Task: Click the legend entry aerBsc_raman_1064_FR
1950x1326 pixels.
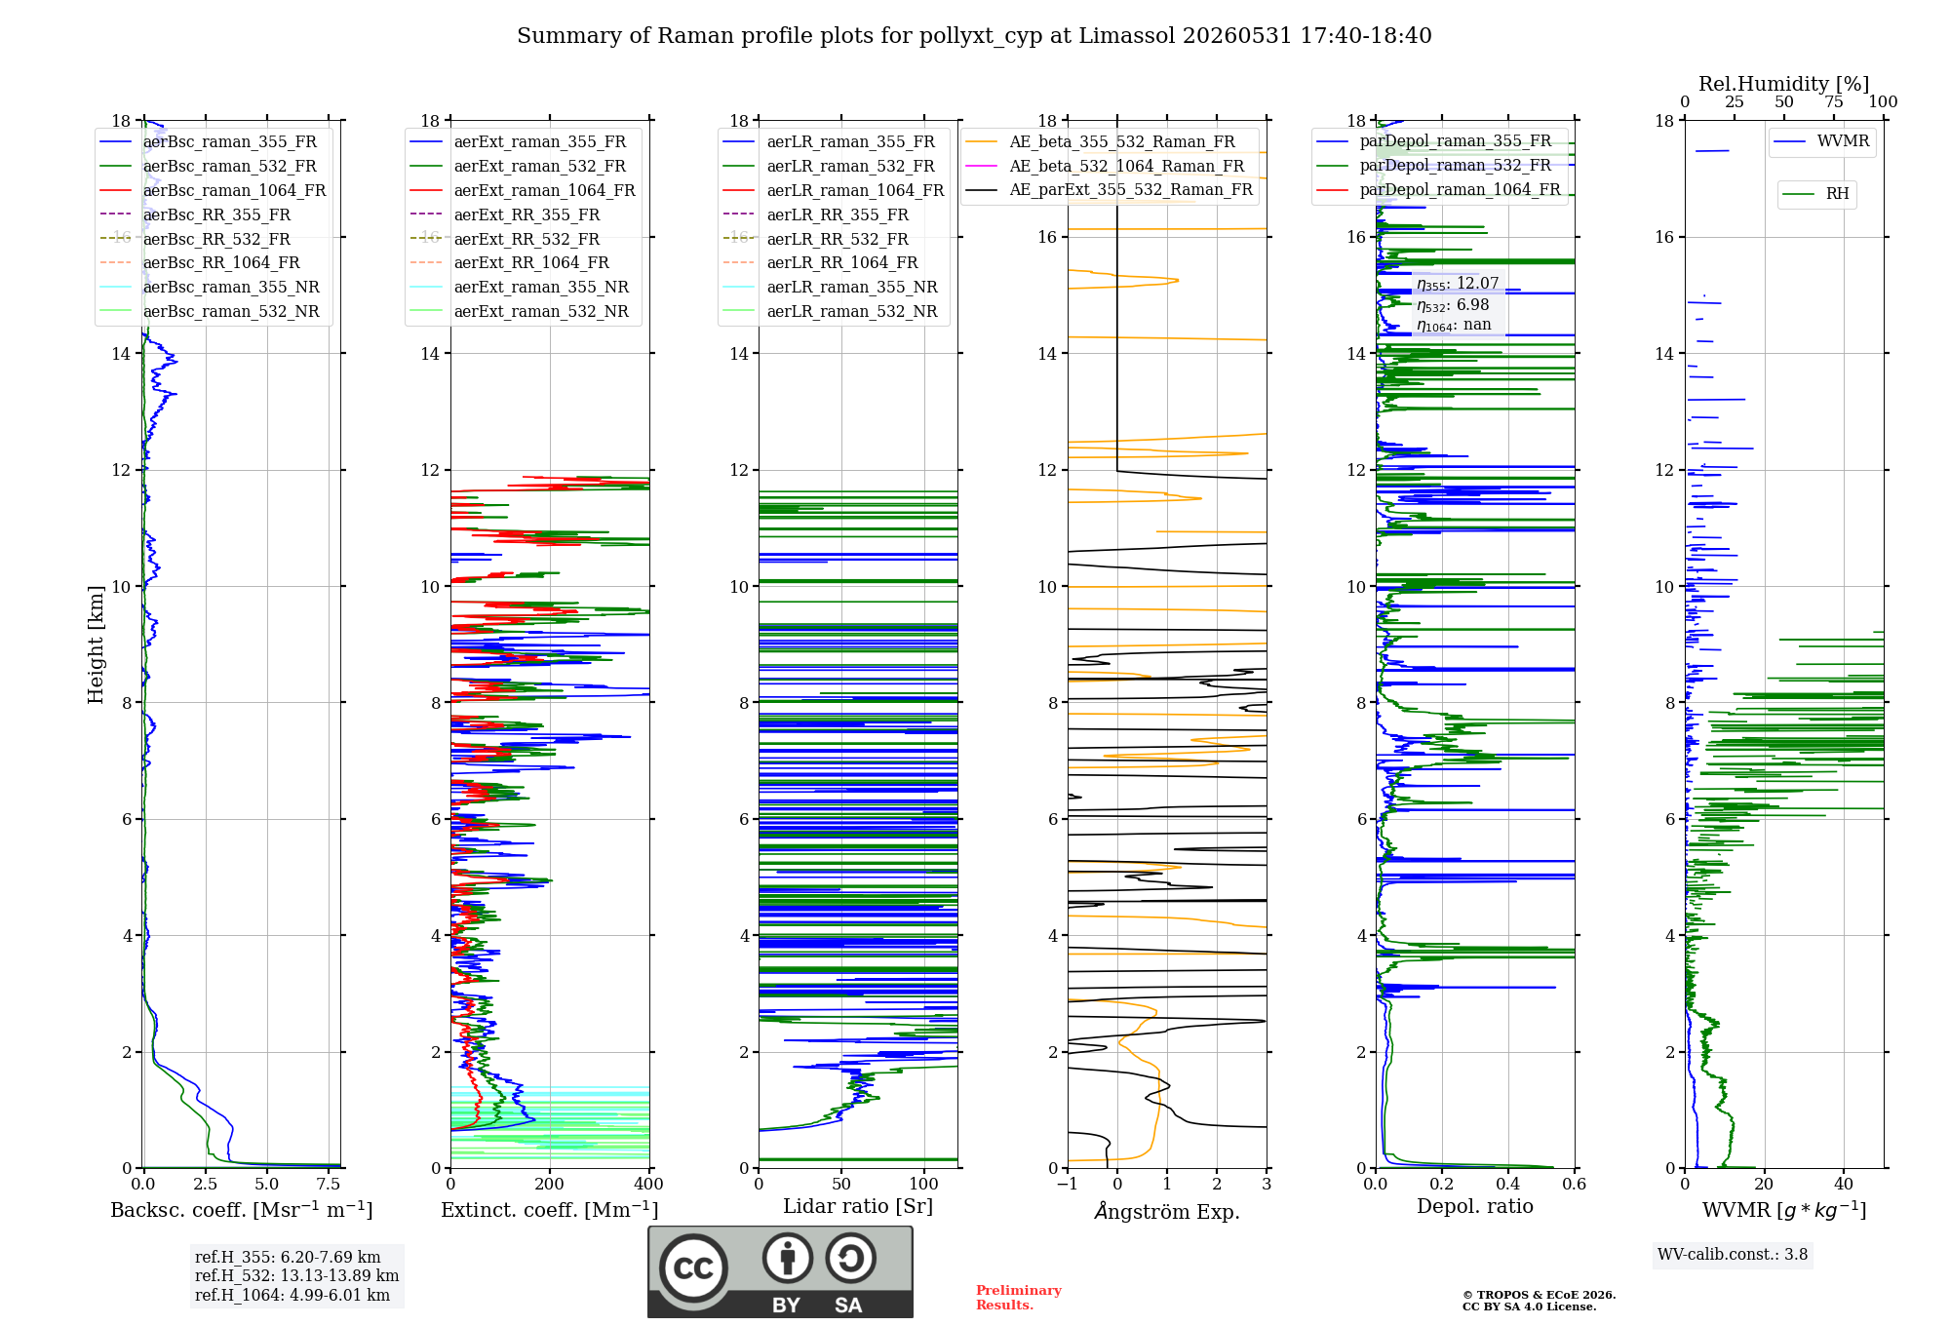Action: click(x=213, y=191)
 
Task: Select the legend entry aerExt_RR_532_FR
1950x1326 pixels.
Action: click(x=505, y=239)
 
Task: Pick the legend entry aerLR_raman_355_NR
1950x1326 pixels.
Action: click(x=830, y=288)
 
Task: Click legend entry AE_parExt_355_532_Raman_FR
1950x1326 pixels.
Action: click(x=1110, y=190)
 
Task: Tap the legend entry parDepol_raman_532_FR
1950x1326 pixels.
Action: click(x=1434, y=166)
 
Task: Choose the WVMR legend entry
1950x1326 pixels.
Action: click(x=1821, y=141)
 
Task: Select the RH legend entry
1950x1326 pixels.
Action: click(x=1815, y=194)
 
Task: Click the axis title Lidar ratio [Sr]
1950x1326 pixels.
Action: click(x=858, y=1207)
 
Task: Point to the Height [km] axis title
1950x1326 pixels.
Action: click(x=96, y=644)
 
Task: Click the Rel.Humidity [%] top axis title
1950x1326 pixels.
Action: click(x=1784, y=84)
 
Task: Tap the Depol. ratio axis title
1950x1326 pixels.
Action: click(x=1475, y=1207)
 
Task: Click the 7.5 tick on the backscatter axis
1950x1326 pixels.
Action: click(x=329, y=1185)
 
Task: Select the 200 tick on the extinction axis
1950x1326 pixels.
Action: click(x=550, y=1185)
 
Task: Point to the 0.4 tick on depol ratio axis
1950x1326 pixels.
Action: click(x=1508, y=1185)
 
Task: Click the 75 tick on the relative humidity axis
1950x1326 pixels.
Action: click(x=1834, y=102)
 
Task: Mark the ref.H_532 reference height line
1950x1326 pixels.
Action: click(x=296, y=1276)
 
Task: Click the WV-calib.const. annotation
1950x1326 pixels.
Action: click(x=1733, y=1255)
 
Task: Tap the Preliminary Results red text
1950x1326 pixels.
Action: click(x=1019, y=1298)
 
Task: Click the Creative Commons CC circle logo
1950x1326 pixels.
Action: click(x=693, y=1268)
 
